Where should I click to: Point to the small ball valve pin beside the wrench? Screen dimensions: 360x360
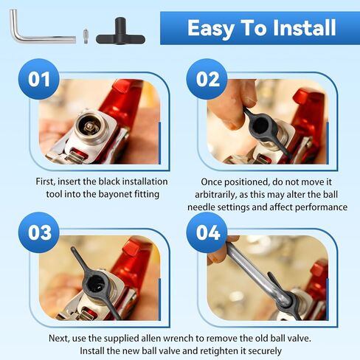[86, 36]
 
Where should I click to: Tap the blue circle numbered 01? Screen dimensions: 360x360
[39, 79]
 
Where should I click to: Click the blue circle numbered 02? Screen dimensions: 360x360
[207, 79]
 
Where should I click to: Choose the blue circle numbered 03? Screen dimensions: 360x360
[39, 232]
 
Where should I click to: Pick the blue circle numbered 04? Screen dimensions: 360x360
[207, 232]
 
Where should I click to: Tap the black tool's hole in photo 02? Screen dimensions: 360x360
[260, 126]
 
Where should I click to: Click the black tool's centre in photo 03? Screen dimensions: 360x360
[96, 285]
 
